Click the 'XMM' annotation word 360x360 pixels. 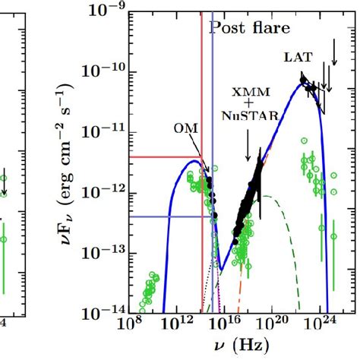point(250,91)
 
